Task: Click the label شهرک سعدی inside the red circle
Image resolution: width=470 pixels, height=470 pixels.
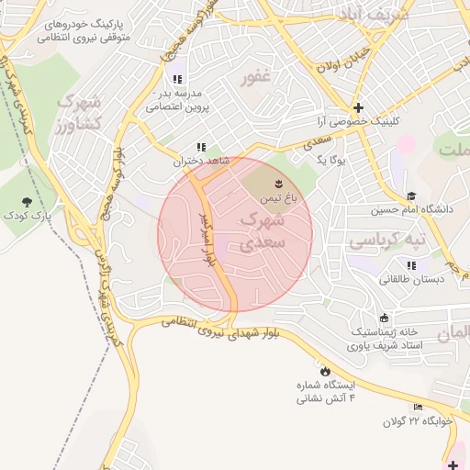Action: [262, 231]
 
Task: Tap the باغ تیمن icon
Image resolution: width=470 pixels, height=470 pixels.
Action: [280, 186]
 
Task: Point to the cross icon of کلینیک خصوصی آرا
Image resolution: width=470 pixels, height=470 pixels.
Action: [359, 107]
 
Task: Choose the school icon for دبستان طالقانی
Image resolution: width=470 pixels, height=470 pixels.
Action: [411, 264]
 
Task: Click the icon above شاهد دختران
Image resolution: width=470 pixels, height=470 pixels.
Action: [200, 147]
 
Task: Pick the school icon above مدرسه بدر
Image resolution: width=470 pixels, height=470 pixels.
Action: [177, 80]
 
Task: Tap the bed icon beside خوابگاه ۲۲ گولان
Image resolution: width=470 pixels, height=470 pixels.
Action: [419, 408]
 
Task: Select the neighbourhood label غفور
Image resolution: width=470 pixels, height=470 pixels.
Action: [255, 78]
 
